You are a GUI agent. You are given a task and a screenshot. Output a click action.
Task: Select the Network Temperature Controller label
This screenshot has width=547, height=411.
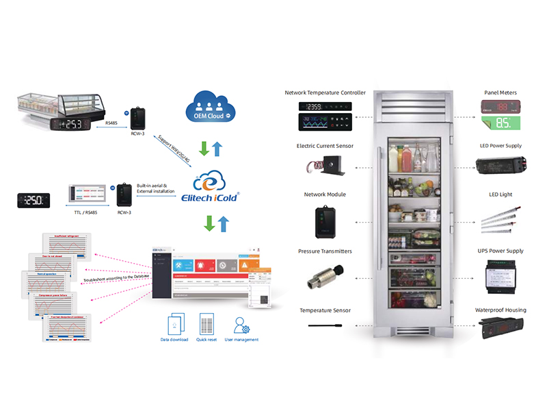(325, 92)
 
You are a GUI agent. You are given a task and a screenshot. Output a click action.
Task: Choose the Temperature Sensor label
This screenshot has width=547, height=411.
(325, 310)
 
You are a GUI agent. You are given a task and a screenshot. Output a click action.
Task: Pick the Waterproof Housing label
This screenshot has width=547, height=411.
(501, 310)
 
